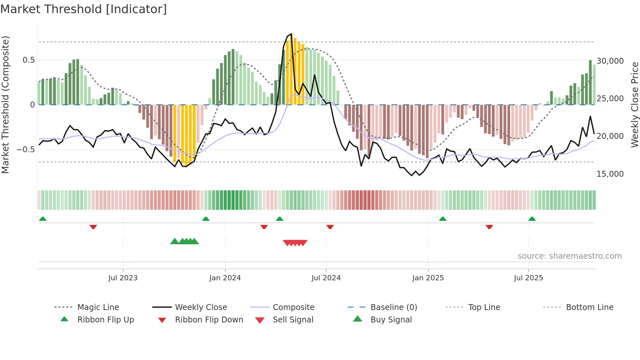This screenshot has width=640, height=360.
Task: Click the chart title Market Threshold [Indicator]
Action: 84,9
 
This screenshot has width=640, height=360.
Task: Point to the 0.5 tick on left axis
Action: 28,60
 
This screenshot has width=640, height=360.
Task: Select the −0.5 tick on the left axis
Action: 25,150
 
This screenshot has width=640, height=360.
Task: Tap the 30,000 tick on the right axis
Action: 610,61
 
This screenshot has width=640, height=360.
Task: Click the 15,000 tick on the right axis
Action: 610,174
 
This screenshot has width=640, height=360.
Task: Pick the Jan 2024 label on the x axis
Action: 225,278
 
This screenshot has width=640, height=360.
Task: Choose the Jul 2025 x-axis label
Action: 528,278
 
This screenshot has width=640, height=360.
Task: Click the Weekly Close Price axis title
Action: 634,105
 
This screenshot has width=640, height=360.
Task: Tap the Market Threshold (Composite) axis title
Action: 5,105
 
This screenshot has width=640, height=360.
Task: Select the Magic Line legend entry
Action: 98,307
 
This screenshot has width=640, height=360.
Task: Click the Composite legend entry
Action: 293,307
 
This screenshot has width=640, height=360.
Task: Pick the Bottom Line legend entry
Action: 589,307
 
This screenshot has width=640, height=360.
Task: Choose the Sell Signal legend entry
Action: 293,320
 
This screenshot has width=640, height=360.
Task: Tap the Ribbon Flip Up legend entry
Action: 105,320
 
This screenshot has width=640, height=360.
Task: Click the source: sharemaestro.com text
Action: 569,256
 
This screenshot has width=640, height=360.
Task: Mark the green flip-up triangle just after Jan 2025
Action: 442,219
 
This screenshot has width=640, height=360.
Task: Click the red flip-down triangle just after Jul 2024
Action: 330,227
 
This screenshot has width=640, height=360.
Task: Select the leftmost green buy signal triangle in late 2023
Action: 175,241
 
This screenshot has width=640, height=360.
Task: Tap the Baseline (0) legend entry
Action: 393,307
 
